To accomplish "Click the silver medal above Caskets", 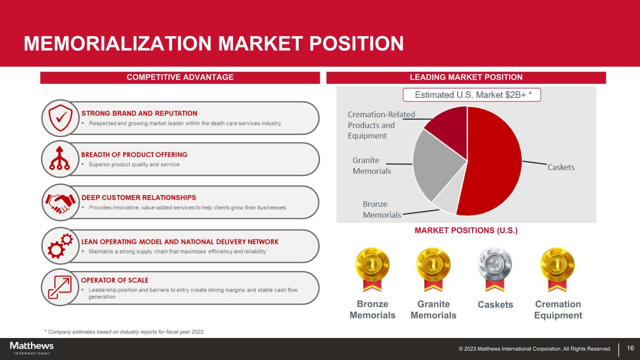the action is [495, 269].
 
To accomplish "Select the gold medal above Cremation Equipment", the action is [557, 269].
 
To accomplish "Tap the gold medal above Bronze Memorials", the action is [372, 269].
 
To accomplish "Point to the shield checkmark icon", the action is [60, 118].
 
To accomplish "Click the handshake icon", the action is [60, 203].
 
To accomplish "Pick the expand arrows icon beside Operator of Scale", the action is [60, 287].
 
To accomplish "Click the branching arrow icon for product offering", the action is [60, 158].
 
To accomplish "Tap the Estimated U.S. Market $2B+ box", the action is [472, 95].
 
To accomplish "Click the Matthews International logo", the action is [32, 348].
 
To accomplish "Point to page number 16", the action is [630, 348].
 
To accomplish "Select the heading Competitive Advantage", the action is [180, 77].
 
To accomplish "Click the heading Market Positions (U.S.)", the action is [466, 230].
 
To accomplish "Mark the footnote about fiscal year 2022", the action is [124, 332].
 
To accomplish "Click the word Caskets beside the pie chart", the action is [561, 167].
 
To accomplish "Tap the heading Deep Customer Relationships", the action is [139, 197].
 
